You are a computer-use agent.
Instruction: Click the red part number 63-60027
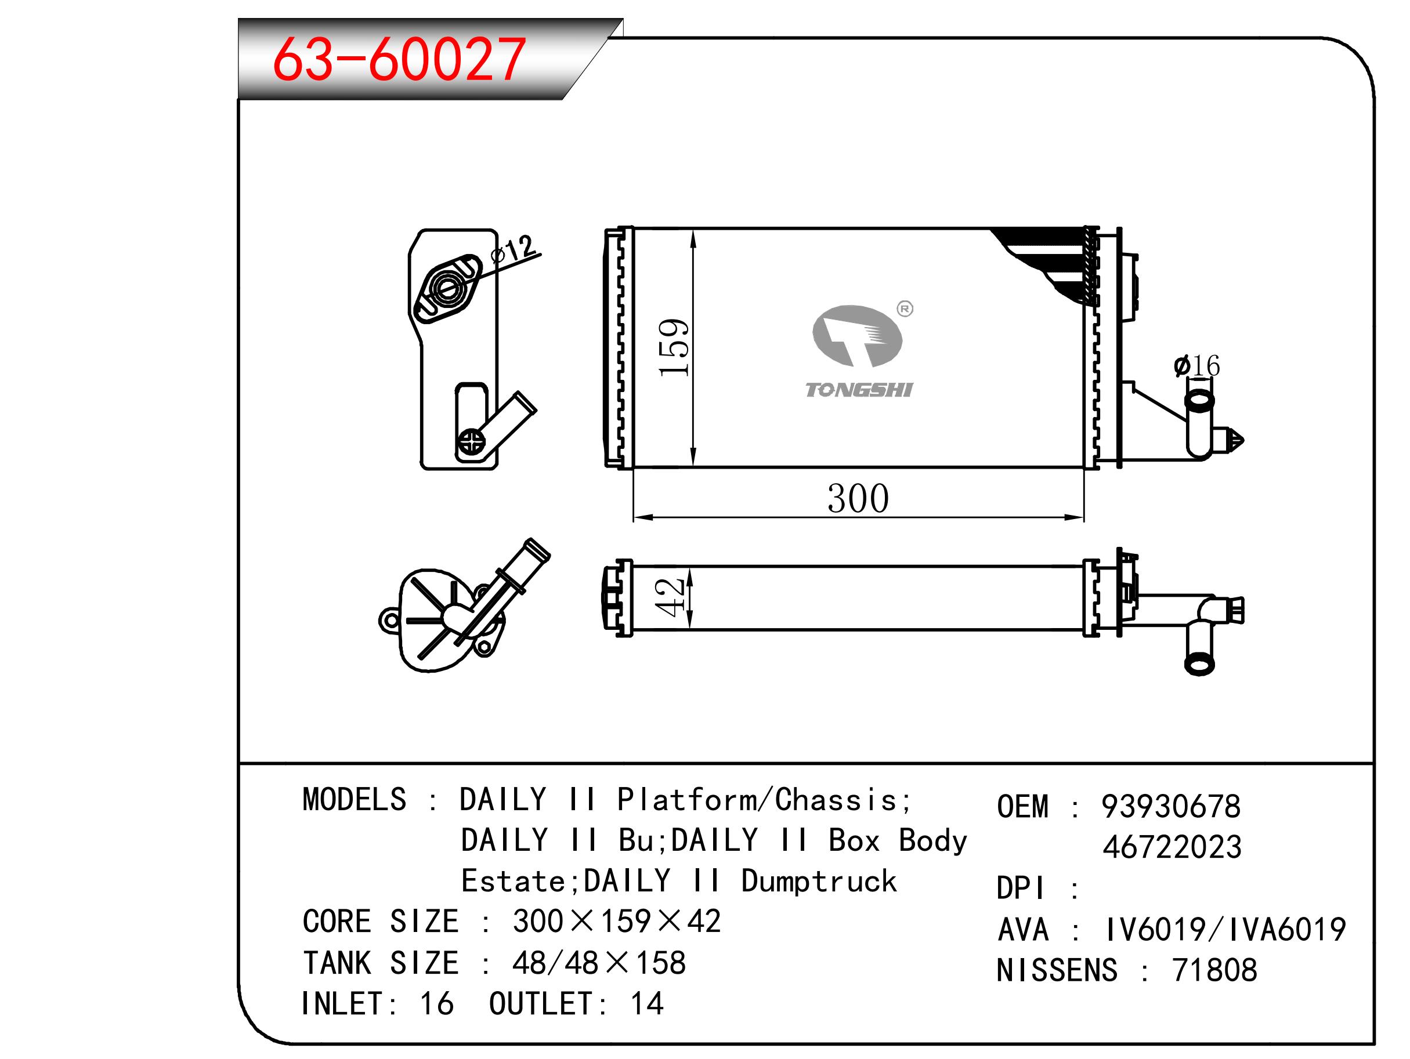coord(399,59)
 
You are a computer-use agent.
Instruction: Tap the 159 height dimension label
coord(674,347)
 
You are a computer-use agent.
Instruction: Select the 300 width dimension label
coord(858,498)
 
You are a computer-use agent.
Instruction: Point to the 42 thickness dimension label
coord(670,598)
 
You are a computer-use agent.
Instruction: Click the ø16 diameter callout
coord(1196,366)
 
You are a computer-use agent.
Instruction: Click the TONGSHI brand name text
coord(859,390)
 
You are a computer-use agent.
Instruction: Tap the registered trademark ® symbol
coord(905,309)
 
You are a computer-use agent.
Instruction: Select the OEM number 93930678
coord(1171,807)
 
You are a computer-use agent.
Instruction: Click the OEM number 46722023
coord(1172,847)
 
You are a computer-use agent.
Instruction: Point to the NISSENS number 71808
coord(1214,970)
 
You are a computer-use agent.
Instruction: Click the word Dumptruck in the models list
coord(819,881)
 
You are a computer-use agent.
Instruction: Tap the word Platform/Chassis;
coord(765,800)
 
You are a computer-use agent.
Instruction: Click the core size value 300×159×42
coord(617,922)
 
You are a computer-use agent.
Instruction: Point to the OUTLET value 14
coord(647,1003)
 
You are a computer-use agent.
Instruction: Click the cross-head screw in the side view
coord(471,441)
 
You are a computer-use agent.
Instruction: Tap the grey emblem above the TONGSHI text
coord(856,336)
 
